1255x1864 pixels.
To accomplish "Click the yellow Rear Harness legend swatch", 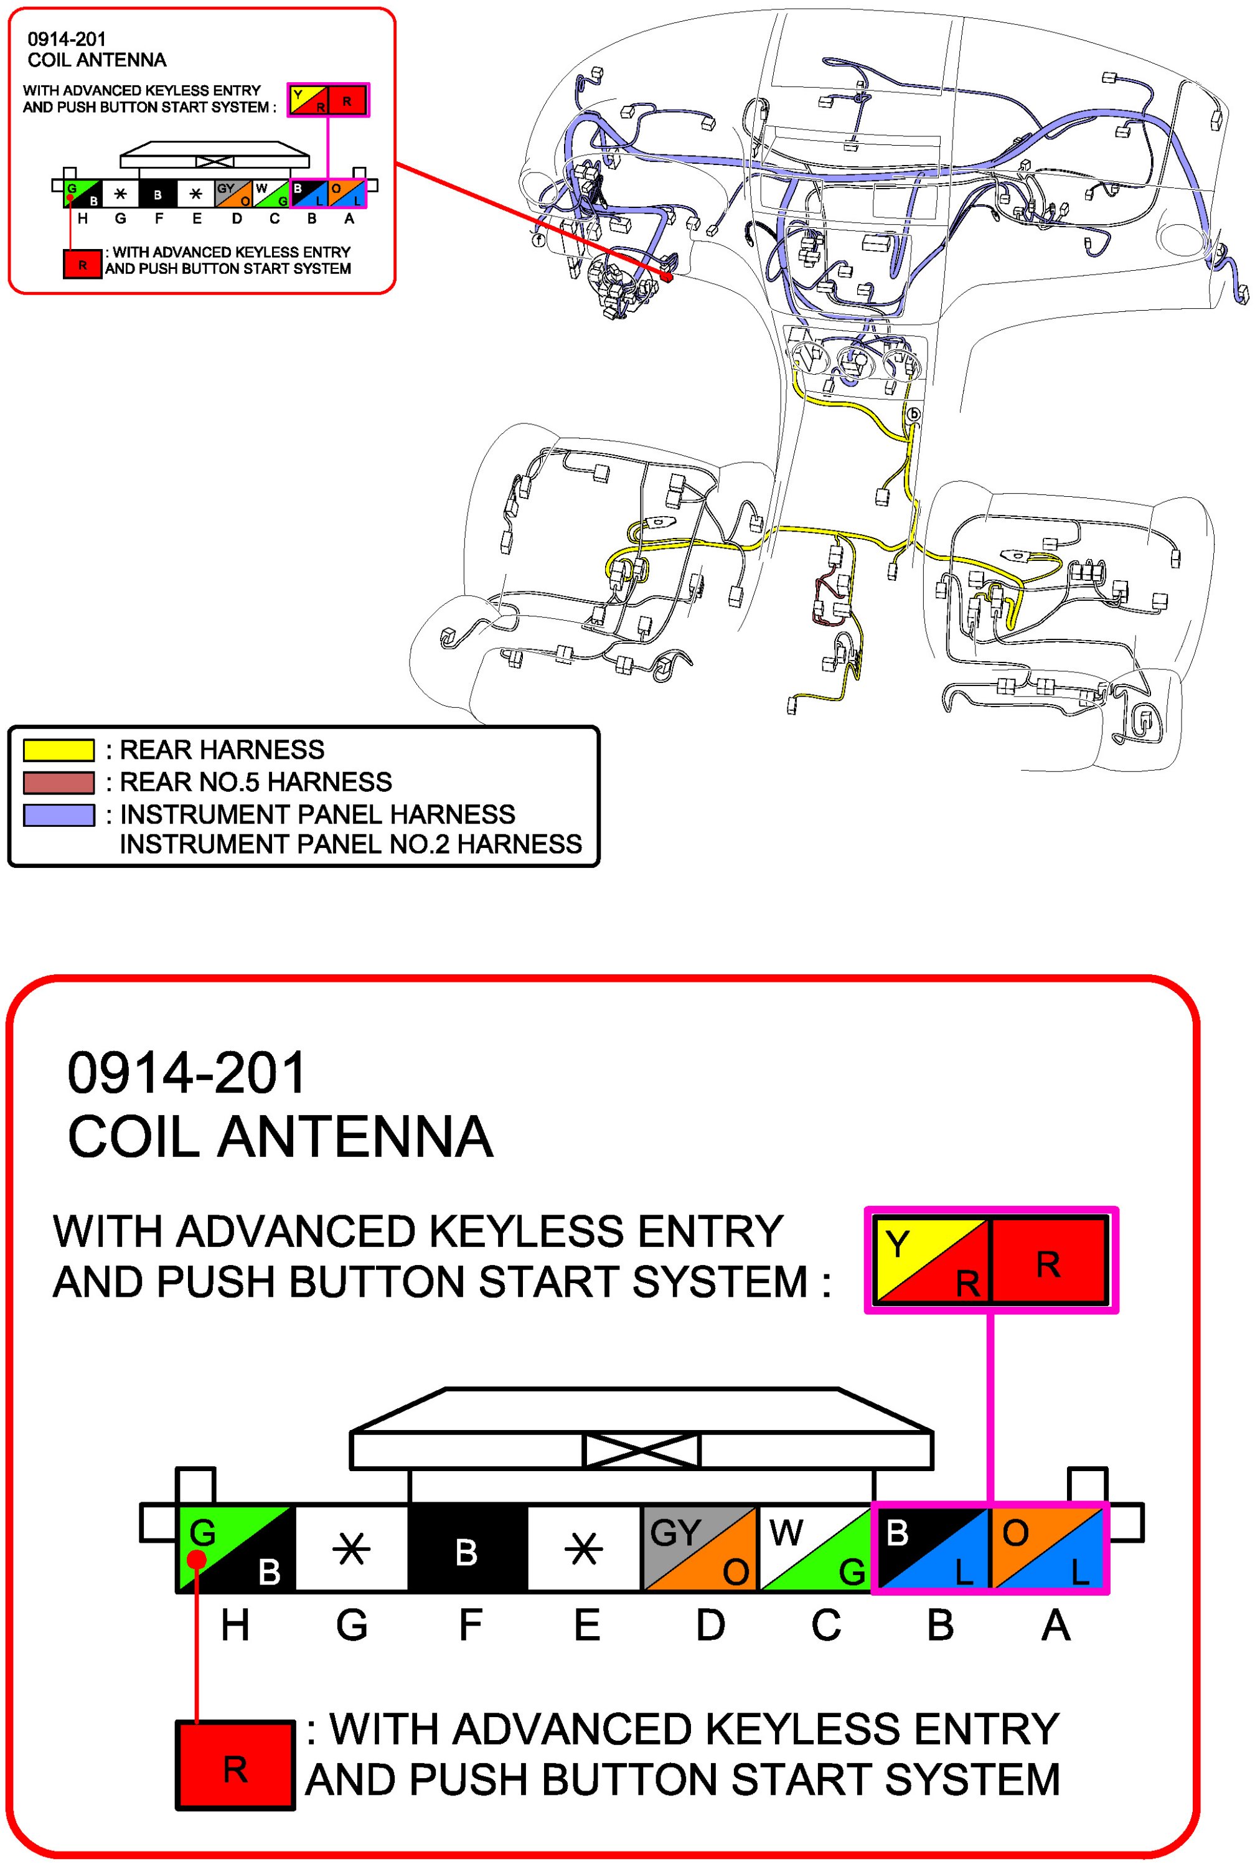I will click(59, 750).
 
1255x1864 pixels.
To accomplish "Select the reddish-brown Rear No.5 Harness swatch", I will click(59, 782).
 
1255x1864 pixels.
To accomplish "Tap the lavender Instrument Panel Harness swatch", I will click(59, 815).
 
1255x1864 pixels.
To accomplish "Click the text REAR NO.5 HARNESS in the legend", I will click(255, 782).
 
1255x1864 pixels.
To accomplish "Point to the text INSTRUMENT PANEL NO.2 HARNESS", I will click(350, 844).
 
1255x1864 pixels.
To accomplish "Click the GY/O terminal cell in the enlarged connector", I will click(700, 1550).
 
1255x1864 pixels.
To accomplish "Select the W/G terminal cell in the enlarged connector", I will click(815, 1550).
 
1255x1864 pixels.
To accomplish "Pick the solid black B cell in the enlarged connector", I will click(468, 1550).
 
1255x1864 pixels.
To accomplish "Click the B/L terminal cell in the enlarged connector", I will click(932, 1550).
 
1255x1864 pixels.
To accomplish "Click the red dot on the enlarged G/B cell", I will click(197, 1560).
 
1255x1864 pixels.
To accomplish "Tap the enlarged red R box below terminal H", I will click(235, 1769).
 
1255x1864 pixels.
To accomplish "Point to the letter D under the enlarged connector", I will click(710, 1625).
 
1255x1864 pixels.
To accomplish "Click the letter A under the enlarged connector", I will click(1055, 1625).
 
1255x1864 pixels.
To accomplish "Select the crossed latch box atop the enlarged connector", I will click(641, 1449).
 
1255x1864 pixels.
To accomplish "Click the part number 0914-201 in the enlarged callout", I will click(187, 1073).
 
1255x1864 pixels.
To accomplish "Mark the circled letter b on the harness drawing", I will click(914, 415).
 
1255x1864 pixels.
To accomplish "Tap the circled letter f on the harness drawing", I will click(538, 238).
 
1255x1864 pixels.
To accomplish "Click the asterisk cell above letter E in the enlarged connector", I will click(585, 1550).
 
